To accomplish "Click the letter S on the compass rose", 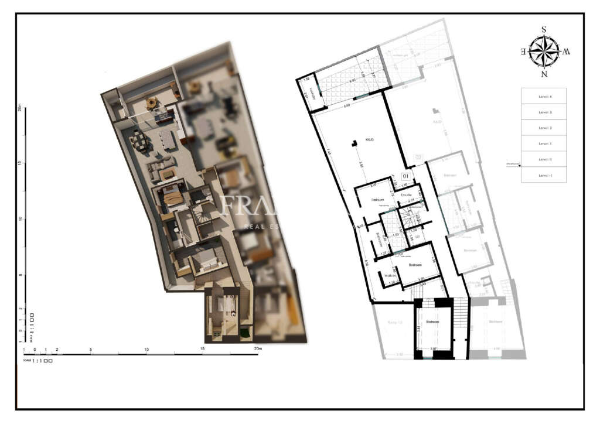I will pos(544,29).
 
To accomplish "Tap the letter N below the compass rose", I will pos(544,74).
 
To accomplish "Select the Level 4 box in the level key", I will pos(544,96).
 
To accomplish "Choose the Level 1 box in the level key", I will pos(544,143).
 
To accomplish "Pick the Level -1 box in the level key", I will pos(544,175).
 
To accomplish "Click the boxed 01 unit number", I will pos(405,175).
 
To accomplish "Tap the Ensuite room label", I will pos(407,194).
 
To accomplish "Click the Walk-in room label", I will pos(391,276).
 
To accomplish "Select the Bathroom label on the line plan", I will pos(379,241).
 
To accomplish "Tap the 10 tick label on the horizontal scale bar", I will pos(146,349).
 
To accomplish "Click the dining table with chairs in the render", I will pos(139,141).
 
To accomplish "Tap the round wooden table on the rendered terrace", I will pos(152,103).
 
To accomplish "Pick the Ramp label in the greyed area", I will pos(396,322).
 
